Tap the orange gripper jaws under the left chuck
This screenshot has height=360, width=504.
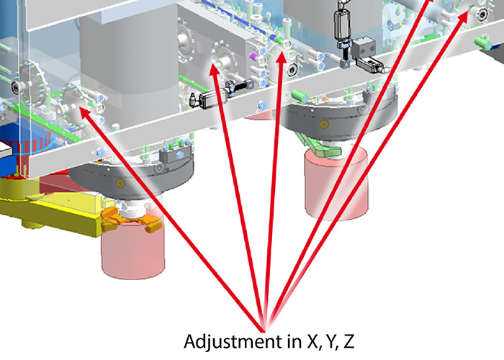[131, 219]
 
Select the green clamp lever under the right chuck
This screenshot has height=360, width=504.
[318, 145]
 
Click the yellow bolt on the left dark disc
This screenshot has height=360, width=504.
[120, 183]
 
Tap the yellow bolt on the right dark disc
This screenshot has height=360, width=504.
[324, 124]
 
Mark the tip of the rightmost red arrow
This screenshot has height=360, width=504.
[467, 12]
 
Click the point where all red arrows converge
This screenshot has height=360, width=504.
[264, 331]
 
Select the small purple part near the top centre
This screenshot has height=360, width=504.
[253, 57]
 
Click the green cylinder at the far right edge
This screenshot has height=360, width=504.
[483, 43]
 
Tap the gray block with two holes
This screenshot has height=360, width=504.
[363, 47]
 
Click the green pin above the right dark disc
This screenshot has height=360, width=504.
[300, 96]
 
